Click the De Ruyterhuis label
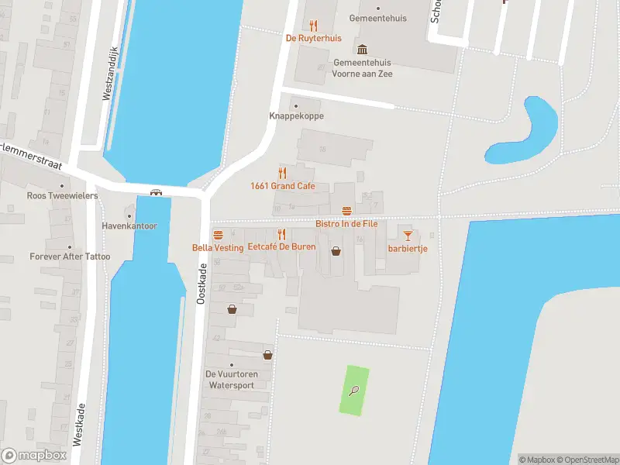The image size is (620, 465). click(313, 37)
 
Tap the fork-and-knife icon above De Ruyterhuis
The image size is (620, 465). click(313, 26)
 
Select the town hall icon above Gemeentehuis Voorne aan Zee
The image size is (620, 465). click(362, 50)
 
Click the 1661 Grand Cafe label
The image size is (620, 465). click(282, 185)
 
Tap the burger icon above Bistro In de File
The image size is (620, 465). click(346, 211)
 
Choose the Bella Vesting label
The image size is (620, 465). click(218, 247)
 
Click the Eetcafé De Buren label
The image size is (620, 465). click(281, 247)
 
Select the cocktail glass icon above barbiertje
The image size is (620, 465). click(408, 235)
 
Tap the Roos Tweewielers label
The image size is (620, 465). click(62, 195)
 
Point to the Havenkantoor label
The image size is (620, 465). click(129, 226)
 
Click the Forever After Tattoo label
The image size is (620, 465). click(70, 257)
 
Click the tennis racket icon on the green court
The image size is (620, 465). click(354, 391)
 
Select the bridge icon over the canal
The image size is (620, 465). click(156, 192)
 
